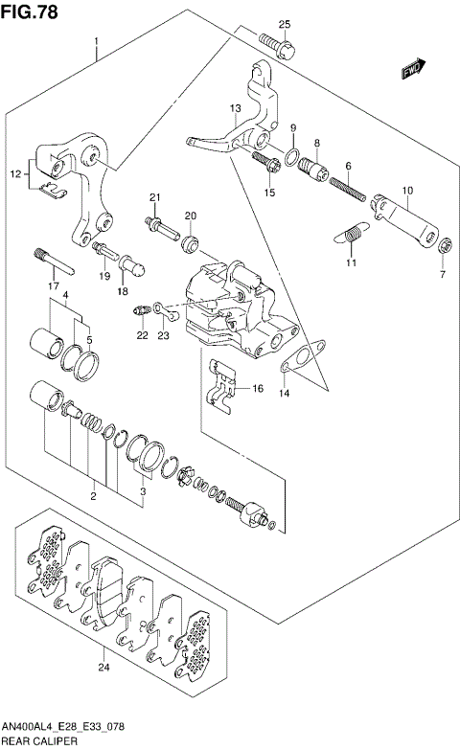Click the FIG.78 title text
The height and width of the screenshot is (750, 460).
[x=29, y=11]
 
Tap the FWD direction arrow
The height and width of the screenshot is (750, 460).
[x=414, y=68]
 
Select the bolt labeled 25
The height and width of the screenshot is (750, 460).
[x=277, y=46]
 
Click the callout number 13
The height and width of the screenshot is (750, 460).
[x=236, y=108]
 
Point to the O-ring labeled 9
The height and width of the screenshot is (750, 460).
[x=292, y=157]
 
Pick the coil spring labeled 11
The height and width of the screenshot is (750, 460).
[x=353, y=234]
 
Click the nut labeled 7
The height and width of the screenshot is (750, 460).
[x=446, y=246]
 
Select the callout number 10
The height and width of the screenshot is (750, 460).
[x=407, y=191]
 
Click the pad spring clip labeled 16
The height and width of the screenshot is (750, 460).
[x=221, y=384]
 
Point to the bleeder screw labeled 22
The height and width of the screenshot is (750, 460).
[x=143, y=311]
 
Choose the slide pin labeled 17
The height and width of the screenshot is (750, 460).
[x=53, y=261]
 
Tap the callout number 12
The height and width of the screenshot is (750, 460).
[x=15, y=174]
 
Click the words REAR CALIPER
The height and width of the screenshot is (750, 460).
[x=40, y=741]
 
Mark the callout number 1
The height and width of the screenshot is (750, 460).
[x=96, y=41]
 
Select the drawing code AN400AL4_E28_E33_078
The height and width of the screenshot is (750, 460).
[x=63, y=727]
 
